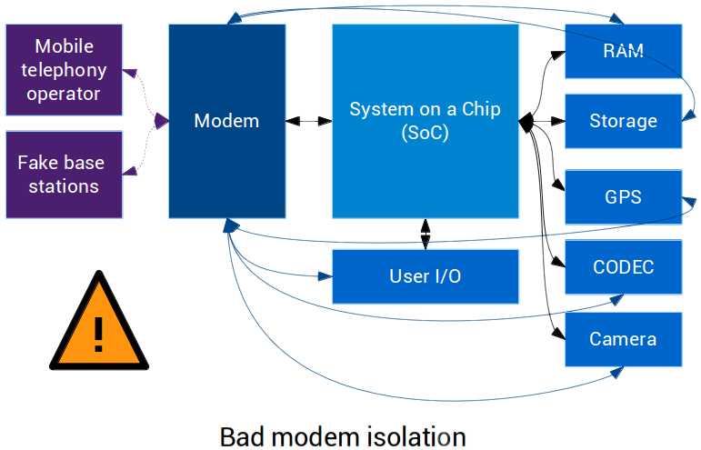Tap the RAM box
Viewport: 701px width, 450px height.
click(x=623, y=51)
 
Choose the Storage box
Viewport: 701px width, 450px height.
click(x=623, y=121)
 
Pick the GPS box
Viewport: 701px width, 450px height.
click(x=623, y=197)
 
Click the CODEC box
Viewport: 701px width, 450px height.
click(x=623, y=267)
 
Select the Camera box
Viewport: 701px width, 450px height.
click(x=623, y=339)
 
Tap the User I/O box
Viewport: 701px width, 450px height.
click(x=425, y=276)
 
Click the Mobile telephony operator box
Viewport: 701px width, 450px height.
click(x=64, y=70)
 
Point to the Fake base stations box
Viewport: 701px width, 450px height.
click(x=64, y=175)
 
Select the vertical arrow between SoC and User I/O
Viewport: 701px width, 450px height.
click(x=425, y=234)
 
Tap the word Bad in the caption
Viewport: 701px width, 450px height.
click(x=239, y=436)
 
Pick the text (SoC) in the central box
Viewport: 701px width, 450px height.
click(x=425, y=132)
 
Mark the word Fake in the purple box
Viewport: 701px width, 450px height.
click(x=37, y=164)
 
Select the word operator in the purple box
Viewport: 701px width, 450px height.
click(x=64, y=94)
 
